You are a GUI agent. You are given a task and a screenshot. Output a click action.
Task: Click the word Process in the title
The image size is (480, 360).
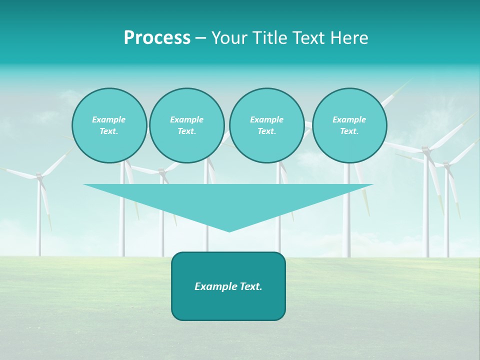point(157,38)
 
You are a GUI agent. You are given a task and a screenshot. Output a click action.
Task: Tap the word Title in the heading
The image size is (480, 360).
point(269,38)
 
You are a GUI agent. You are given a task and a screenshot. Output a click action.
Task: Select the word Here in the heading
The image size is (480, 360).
point(349,38)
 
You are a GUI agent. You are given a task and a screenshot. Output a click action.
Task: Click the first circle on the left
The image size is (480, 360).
point(109,125)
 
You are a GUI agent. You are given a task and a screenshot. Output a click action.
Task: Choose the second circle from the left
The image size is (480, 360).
point(186,125)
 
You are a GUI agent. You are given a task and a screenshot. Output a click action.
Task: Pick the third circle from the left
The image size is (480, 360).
point(266,125)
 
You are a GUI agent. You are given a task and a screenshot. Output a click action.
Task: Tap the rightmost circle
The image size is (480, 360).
point(349,125)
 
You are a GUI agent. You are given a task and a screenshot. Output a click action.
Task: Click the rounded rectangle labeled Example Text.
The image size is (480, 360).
point(228,286)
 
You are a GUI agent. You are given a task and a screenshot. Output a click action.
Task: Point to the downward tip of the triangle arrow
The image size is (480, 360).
point(229,231)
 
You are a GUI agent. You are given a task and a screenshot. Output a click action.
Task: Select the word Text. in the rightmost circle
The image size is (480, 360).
point(349,131)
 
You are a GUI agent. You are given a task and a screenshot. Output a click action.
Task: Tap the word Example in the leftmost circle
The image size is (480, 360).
point(109,120)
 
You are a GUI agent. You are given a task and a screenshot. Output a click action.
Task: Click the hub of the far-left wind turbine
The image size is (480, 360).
point(39,176)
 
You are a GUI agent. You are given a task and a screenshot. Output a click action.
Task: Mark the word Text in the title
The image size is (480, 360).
point(310,38)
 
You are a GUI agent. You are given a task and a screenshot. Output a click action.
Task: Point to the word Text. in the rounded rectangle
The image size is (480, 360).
point(251,286)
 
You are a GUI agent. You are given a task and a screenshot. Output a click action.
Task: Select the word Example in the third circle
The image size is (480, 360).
point(266,120)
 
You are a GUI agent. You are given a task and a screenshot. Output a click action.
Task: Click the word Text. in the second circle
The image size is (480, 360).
point(186,131)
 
